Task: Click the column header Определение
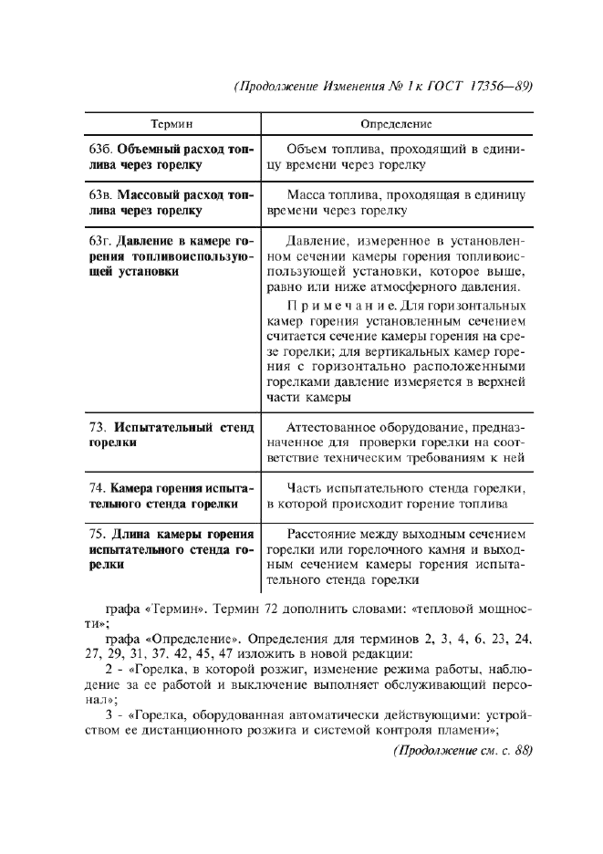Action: tap(396, 123)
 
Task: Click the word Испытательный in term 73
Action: tap(162, 427)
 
